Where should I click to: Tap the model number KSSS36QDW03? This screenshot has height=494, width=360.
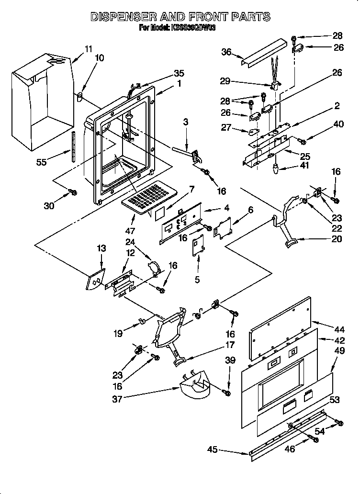point(192,28)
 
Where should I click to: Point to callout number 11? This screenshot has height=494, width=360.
point(88,49)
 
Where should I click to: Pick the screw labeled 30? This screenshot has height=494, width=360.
point(73,192)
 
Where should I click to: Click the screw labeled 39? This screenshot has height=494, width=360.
point(227,393)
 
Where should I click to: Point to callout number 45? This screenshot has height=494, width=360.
point(213,449)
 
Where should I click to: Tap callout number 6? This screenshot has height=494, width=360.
point(251,210)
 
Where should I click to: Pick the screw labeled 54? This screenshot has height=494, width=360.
point(339,422)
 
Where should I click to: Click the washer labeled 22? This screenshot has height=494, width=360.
point(304,202)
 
